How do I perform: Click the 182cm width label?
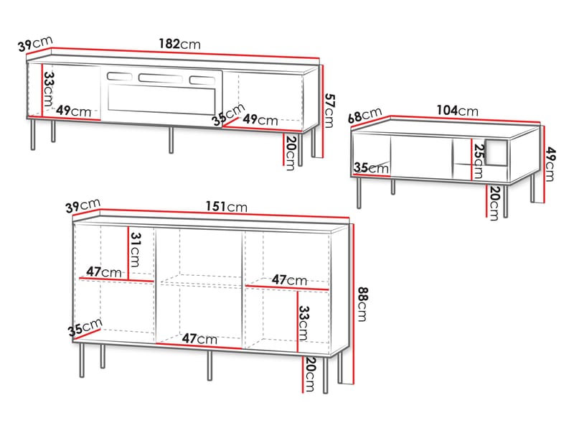coord(180,44)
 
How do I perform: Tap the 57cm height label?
coord(329,111)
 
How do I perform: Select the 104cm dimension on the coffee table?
coord(457,111)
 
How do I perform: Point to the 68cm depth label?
coord(364,116)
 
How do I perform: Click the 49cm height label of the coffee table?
coord(550,164)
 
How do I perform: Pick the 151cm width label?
coord(226,206)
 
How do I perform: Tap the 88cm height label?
coord(362,304)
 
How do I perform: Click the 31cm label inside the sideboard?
coord(135,249)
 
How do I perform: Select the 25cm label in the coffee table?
coord(479,161)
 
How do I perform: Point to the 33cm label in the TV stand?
coord(49,89)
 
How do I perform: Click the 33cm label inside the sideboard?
coord(304,323)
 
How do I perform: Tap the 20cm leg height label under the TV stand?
coord(291,153)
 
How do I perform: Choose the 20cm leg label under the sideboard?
coord(309,374)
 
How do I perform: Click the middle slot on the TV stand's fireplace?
coord(160,78)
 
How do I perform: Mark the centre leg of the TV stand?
coord(171,140)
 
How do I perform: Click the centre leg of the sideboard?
coord(210,366)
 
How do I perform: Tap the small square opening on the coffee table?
coord(497,152)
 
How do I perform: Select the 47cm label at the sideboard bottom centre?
coord(199,338)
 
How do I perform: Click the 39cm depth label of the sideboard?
coord(83,205)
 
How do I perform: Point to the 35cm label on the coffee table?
coord(371,168)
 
